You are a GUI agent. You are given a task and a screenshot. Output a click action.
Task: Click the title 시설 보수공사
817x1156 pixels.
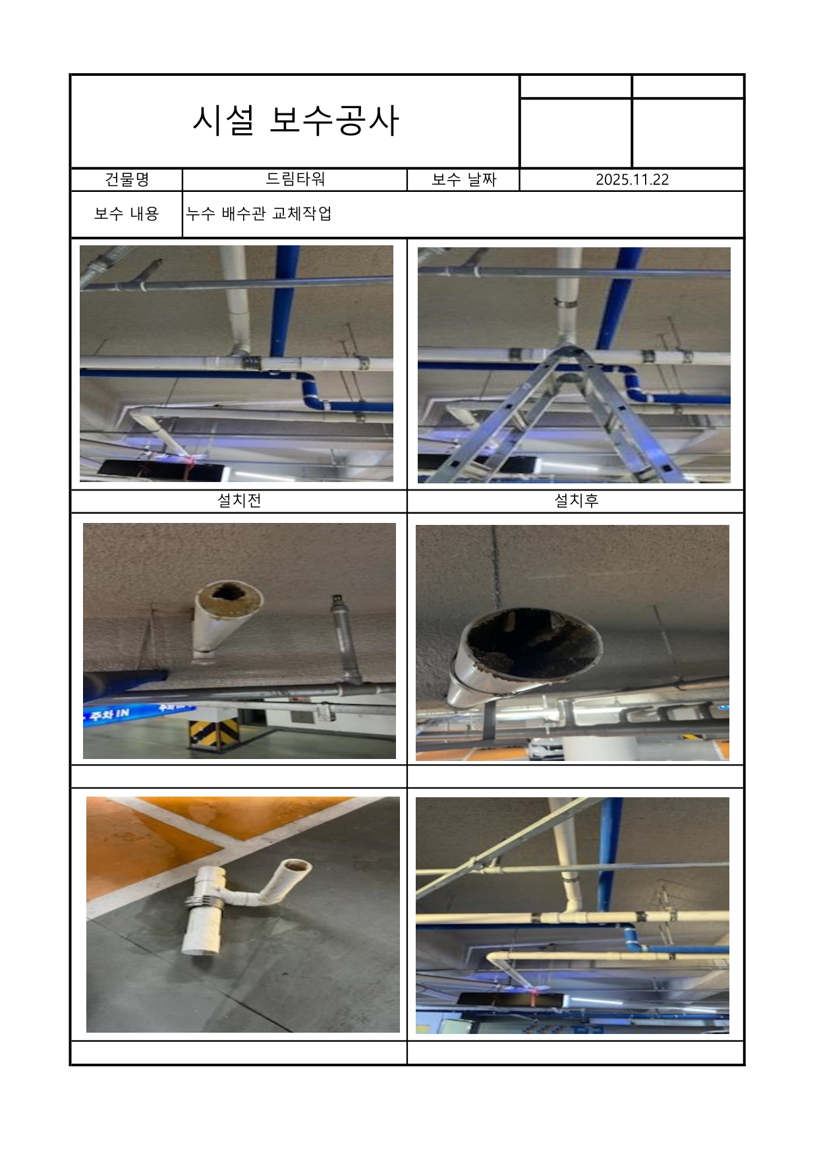(x=295, y=121)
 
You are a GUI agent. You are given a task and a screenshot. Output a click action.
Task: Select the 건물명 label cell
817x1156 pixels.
(x=127, y=179)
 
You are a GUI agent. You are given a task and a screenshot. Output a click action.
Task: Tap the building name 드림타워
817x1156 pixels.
(x=295, y=179)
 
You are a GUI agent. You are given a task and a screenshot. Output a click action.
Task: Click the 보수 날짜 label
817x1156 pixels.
(x=463, y=179)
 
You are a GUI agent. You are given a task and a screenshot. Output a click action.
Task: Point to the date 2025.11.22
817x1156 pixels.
(x=632, y=179)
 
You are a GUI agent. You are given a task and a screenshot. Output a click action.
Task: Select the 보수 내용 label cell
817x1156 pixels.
(x=127, y=214)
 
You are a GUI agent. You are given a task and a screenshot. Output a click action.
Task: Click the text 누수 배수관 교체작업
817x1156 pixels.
(x=258, y=214)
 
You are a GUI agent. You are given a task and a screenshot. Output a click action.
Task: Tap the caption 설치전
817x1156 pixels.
(x=239, y=501)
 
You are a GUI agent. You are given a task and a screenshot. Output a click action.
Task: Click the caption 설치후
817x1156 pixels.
(x=576, y=501)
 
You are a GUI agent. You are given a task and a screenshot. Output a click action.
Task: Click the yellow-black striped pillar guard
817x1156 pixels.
(x=213, y=731)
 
